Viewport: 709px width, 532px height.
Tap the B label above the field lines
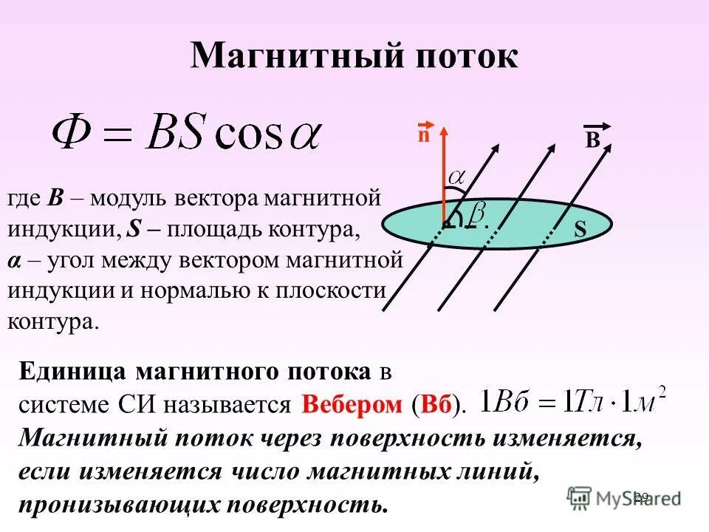592,140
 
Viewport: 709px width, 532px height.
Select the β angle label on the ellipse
477,215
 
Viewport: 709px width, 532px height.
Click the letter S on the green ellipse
580,231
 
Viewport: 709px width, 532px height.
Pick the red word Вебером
352,405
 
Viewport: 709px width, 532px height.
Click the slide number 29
640,497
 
